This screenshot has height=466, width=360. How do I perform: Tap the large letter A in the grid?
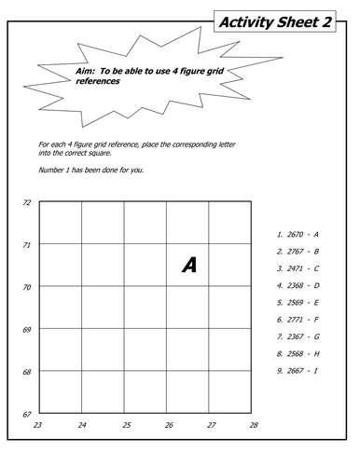coord(189,266)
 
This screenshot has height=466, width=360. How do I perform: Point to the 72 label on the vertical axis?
coord(27,202)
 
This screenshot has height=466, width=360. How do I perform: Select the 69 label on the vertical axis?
coord(27,330)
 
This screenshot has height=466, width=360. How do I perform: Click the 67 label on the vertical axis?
coord(27,414)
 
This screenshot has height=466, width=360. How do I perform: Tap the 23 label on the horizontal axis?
coord(37,425)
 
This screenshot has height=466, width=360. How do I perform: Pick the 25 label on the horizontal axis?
coord(126,425)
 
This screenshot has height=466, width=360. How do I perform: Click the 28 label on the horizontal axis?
coord(253,425)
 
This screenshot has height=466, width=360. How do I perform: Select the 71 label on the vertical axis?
coord(27,244)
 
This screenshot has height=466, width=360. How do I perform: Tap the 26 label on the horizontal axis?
coord(169,425)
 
